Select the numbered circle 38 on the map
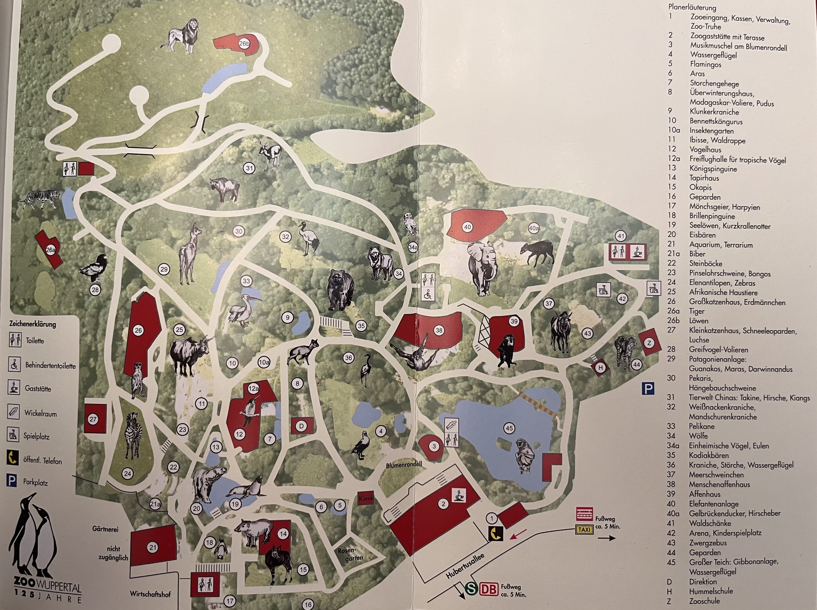coord(439,330)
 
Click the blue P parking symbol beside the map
coord(648,388)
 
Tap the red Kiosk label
coord(366,498)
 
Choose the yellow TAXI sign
coord(584,530)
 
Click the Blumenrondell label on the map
coord(404,465)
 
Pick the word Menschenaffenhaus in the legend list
coord(719,484)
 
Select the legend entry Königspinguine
coord(713,169)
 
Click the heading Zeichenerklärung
coord(32,324)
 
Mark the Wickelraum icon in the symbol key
coord(14,412)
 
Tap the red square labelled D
coord(301,426)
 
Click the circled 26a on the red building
coord(51,250)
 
